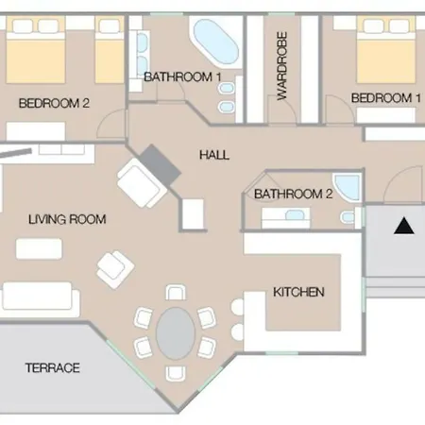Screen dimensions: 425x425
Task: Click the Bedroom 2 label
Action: [54, 103]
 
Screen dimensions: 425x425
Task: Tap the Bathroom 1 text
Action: [182, 77]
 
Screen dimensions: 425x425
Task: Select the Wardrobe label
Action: [282, 66]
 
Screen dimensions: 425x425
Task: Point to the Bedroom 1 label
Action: [386, 98]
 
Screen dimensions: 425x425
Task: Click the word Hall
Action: [214, 155]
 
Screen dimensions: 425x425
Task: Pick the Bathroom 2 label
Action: [293, 194]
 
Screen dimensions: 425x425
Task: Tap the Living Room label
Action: [67, 219]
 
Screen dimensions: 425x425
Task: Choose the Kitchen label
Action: [298, 292]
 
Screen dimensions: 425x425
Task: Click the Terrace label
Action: [53, 367]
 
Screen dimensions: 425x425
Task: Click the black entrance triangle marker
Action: [404, 227]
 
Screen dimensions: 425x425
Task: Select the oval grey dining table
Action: [176, 333]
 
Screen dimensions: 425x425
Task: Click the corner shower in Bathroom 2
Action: [348, 186]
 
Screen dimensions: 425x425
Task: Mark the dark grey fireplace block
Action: [161, 165]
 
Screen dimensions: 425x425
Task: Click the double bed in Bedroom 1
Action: [386, 49]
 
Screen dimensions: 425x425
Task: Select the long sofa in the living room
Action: [41, 298]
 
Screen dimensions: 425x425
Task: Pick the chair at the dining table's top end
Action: [176, 293]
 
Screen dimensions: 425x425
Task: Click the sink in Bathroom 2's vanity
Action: [295, 215]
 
